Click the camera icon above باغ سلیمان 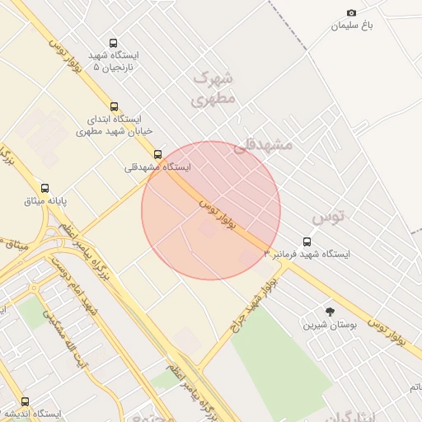pos(352,12)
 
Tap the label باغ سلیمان pos(352,26)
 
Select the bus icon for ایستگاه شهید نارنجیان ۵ pos(113,43)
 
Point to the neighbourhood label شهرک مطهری pos(213,88)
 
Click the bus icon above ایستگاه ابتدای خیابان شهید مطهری pos(113,105)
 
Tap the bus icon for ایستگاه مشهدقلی pos(157,153)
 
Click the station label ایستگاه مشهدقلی pos(157,167)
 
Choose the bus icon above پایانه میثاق pos(45,187)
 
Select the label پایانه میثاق pos(45,201)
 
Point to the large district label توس pos(328,218)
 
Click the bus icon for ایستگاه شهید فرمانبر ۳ pos(307,241)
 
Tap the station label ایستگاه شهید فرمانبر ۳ pos(307,255)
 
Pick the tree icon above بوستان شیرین pos(331,312)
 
